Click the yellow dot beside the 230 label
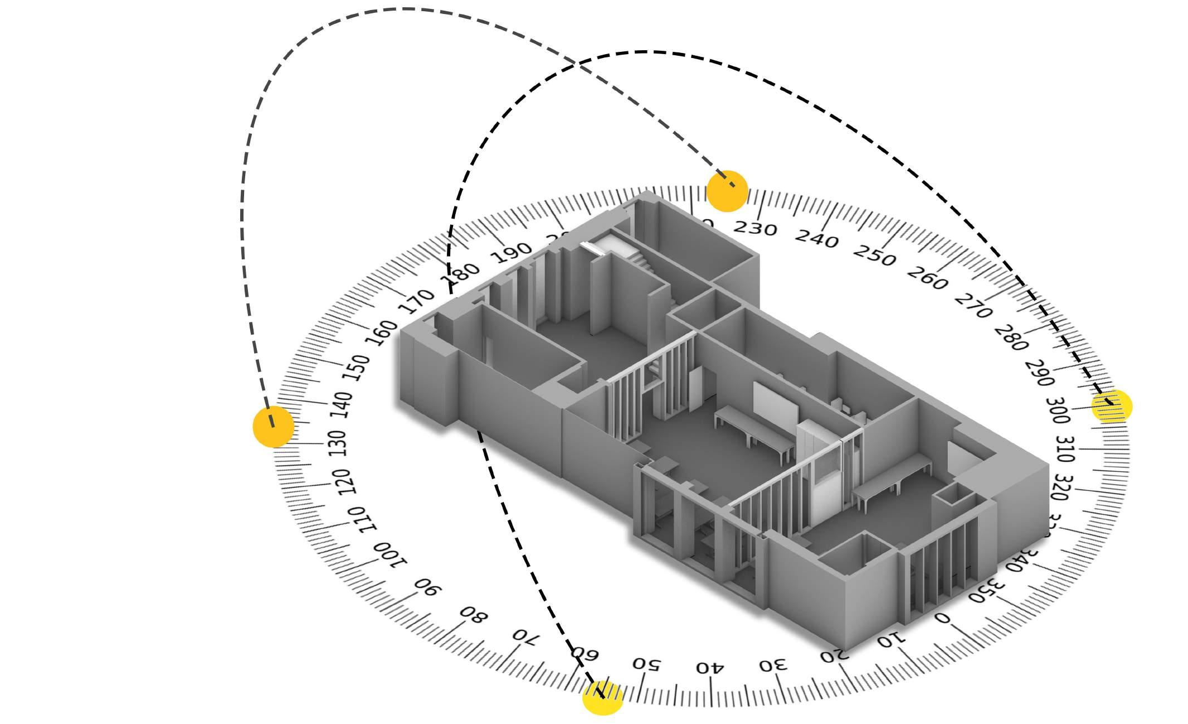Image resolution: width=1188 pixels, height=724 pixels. coord(727,191)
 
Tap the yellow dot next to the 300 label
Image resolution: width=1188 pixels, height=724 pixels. coord(1112,406)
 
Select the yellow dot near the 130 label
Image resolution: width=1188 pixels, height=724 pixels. coord(273,427)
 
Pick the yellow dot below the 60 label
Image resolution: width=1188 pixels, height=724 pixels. coord(602,697)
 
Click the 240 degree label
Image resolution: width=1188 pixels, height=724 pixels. coord(816,239)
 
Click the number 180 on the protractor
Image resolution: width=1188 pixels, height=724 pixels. coord(460,276)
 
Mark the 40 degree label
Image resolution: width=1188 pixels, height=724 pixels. coord(710,667)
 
